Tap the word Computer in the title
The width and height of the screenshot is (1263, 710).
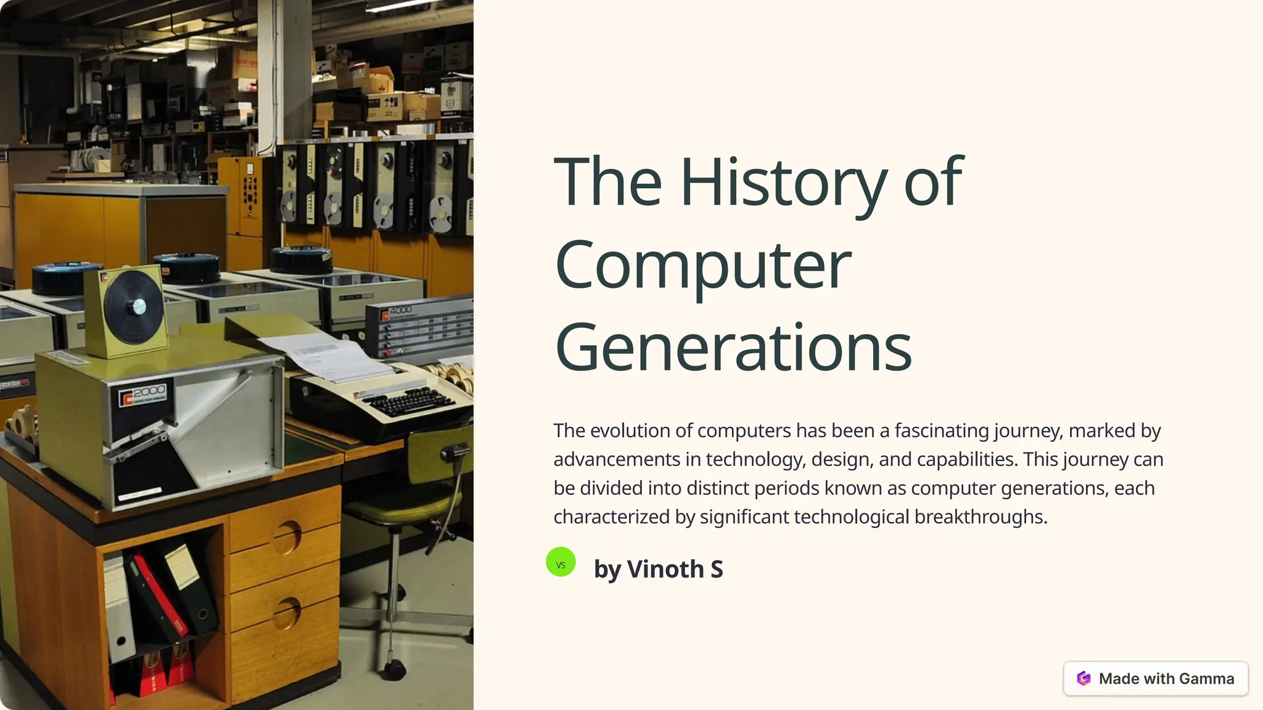point(703,265)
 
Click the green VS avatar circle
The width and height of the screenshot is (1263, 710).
point(561,562)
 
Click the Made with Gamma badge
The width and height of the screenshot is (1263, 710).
point(1156,679)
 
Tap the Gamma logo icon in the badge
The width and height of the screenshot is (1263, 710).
point(1084,679)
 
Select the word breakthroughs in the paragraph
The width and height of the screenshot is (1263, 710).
point(981,516)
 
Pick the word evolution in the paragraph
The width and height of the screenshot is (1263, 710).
point(629,430)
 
